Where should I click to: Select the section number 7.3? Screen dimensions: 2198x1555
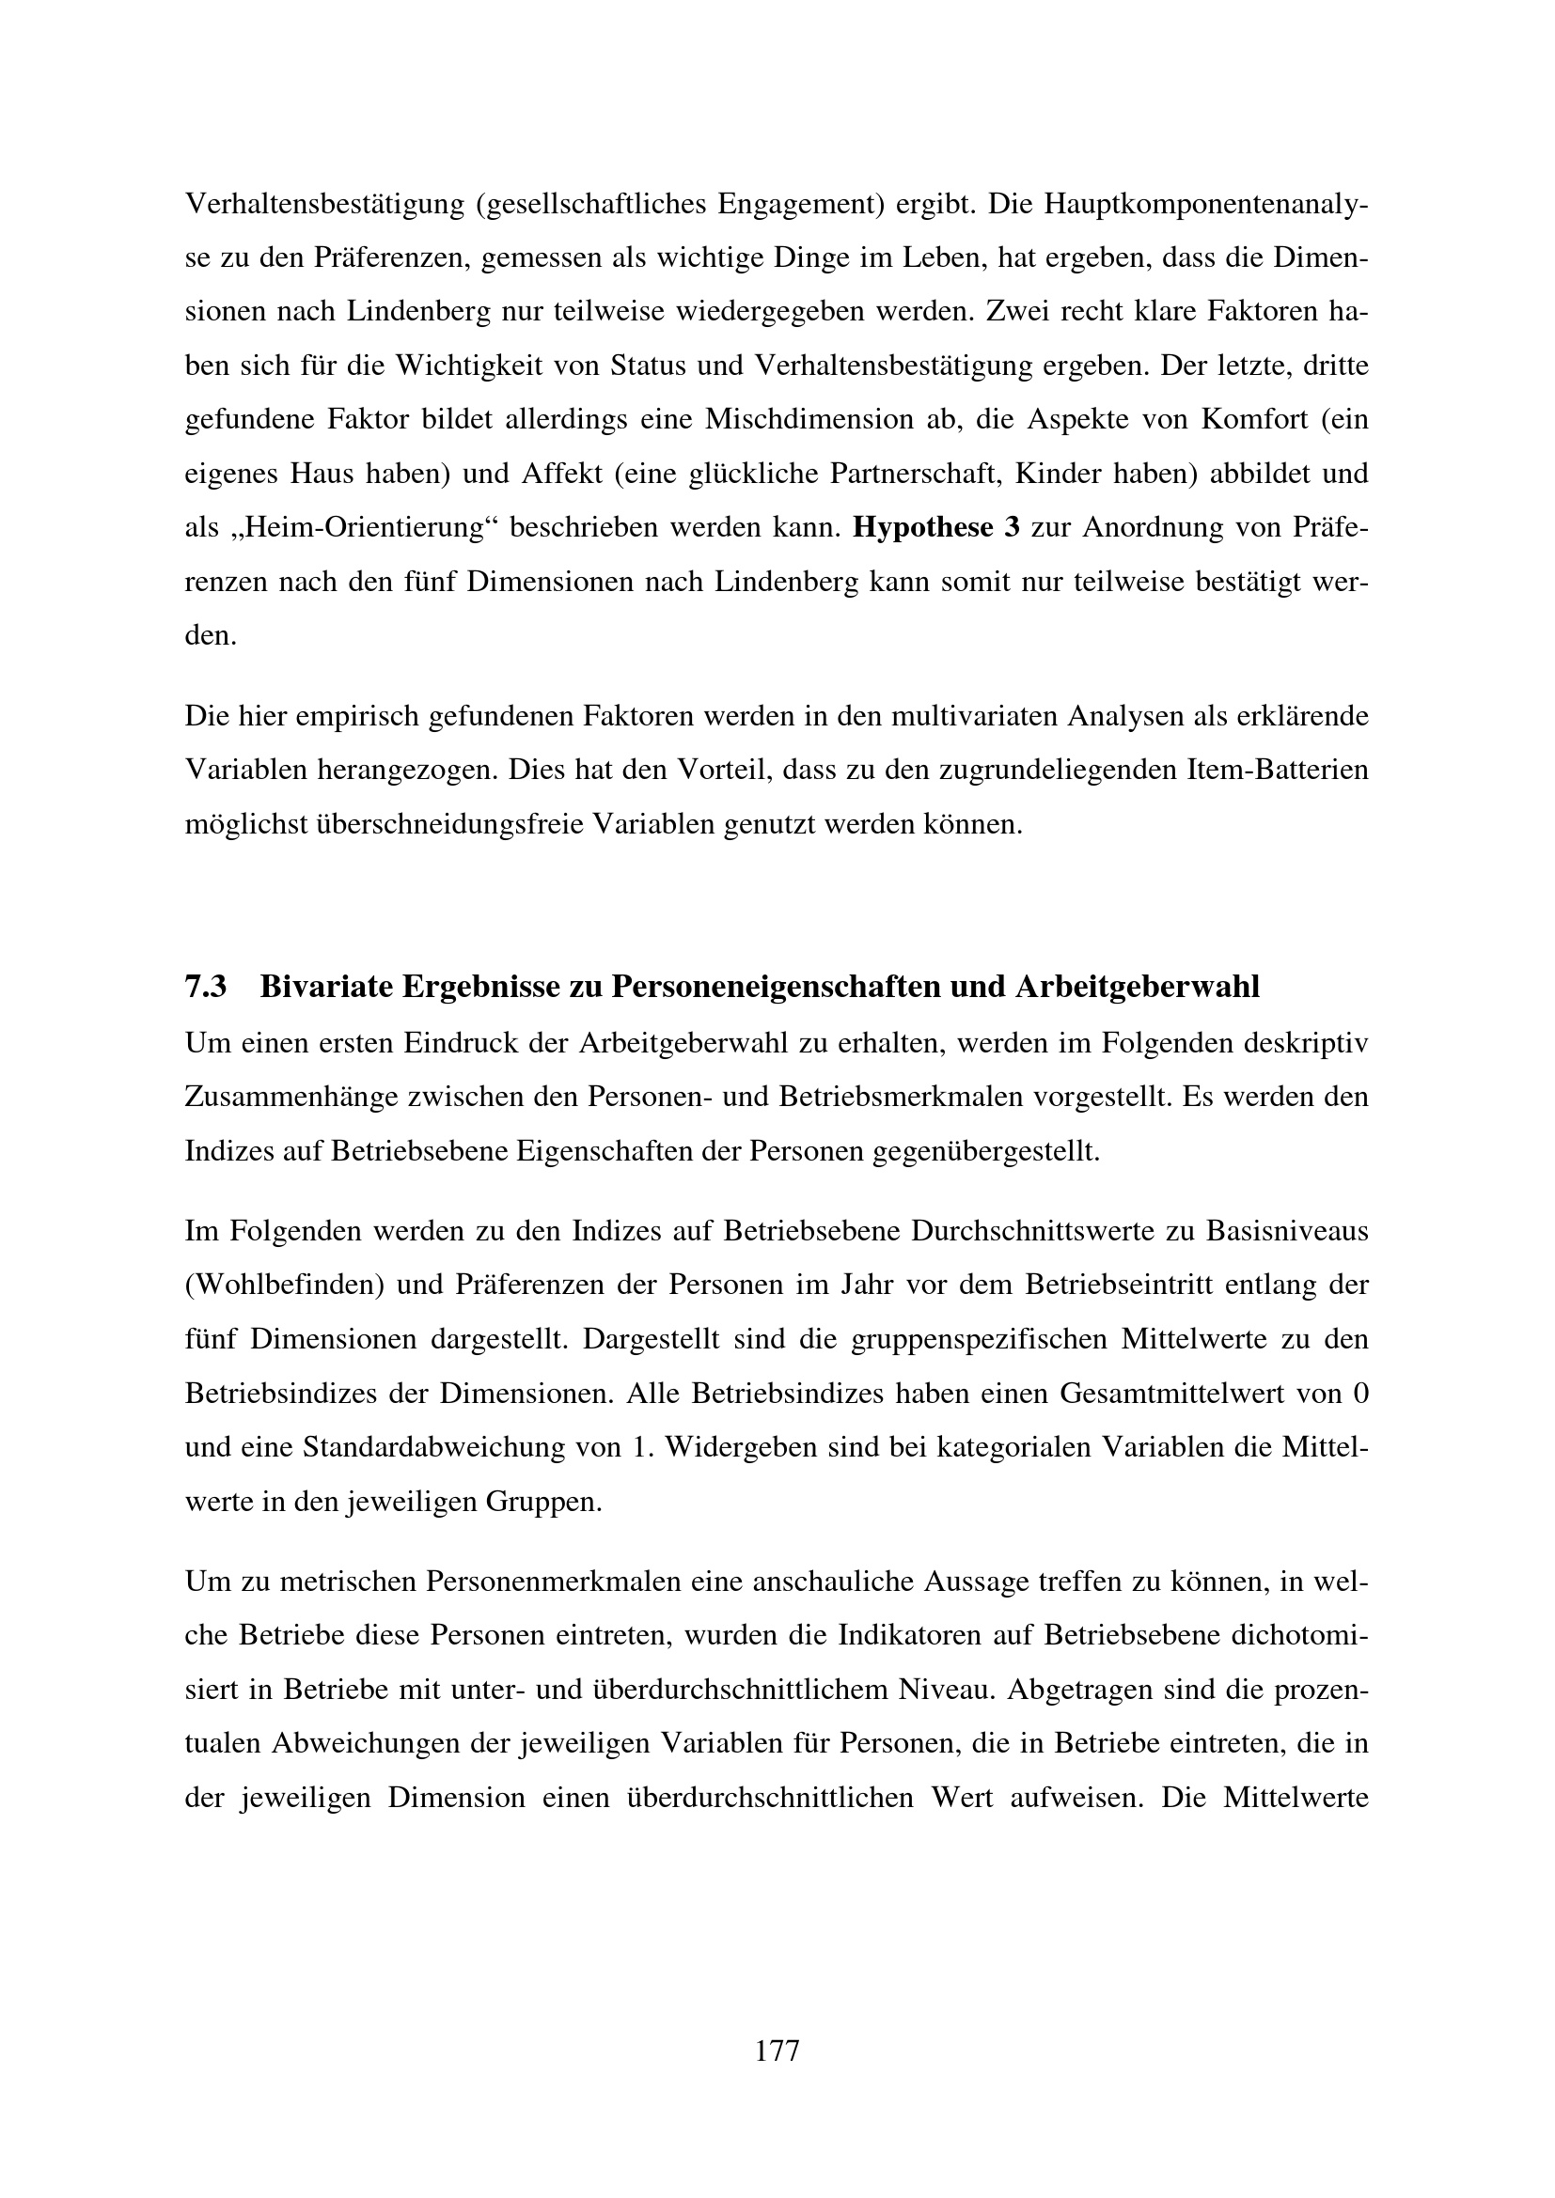click(205, 987)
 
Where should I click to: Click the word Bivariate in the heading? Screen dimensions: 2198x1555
click(324, 987)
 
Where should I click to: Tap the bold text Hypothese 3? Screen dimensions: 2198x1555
click(935, 527)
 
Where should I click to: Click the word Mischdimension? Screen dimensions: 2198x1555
click(809, 419)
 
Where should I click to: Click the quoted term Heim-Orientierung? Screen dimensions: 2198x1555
click(354, 527)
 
